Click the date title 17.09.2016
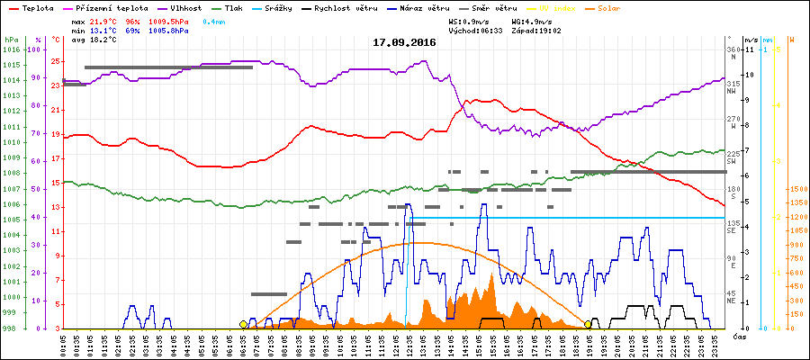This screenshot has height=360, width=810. point(405,42)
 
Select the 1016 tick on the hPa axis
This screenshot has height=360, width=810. point(11,49)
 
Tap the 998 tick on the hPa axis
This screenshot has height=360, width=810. point(11,328)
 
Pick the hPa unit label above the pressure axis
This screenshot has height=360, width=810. point(11,40)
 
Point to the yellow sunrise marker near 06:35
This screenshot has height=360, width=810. point(243,324)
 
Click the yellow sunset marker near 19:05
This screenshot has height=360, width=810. point(589,324)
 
